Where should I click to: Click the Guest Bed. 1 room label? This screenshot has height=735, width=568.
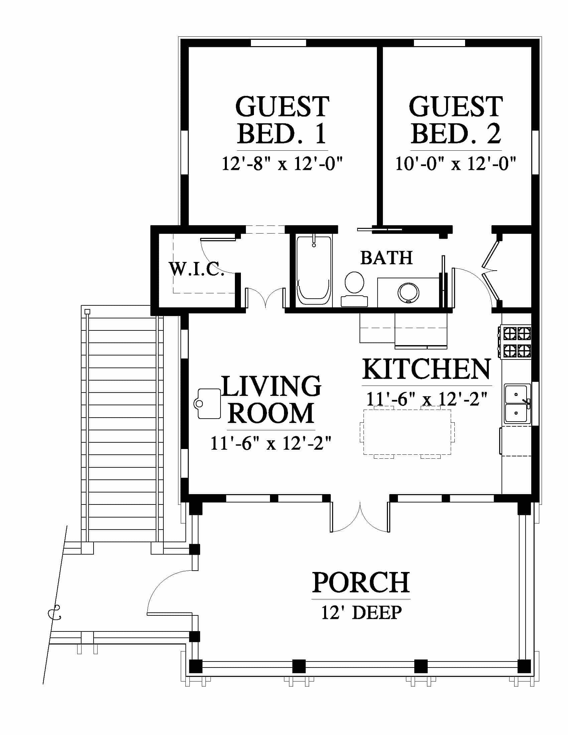coord(282,120)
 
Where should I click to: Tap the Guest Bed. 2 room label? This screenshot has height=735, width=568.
coord(456,120)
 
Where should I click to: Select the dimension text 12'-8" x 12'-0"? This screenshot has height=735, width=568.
coord(282,164)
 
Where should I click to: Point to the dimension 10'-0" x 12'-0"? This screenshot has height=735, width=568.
coord(456,164)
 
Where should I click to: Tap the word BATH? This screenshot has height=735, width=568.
coord(387,258)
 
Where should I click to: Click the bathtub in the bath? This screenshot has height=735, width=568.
coord(314,271)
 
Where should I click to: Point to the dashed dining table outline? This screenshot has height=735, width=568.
coord(407,432)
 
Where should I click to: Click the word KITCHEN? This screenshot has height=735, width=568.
coord(427,369)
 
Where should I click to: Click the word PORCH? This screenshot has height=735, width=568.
coord(361,583)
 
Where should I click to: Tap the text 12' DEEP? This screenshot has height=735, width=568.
coord(362,613)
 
